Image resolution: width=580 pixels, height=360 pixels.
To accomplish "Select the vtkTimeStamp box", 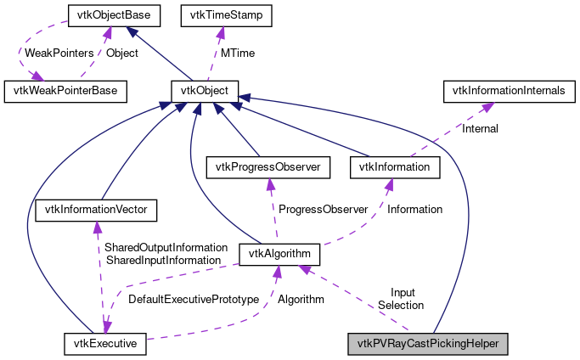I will pyautogui.click(x=220, y=14).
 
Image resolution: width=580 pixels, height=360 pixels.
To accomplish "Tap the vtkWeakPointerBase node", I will pyautogui.click(x=65, y=88).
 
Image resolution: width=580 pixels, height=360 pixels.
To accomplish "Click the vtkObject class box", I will pyautogui.click(x=205, y=88).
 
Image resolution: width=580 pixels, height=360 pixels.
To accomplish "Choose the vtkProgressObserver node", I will pyautogui.click(x=268, y=167).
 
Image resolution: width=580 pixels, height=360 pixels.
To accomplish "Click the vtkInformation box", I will pyautogui.click(x=395, y=167).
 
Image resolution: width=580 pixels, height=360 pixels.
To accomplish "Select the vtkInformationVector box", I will pyautogui.click(x=97, y=208).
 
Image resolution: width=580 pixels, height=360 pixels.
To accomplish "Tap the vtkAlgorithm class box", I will pyautogui.click(x=280, y=253).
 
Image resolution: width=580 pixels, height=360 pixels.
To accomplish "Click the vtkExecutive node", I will pyautogui.click(x=106, y=344).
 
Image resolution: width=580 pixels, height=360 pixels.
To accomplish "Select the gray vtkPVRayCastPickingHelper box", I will pyautogui.click(x=428, y=344).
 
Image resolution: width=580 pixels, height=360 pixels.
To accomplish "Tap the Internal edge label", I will pyautogui.click(x=480, y=129).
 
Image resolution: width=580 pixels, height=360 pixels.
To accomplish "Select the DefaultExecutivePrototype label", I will pyautogui.click(x=193, y=299).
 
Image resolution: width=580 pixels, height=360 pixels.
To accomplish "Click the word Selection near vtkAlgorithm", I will pyautogui.click(x=401, y=305).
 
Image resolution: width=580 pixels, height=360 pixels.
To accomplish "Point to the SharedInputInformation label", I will pyautogui.click(x=162, y=260).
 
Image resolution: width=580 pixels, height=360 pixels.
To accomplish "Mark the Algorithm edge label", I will pyautogui.click(x=301, y=299).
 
